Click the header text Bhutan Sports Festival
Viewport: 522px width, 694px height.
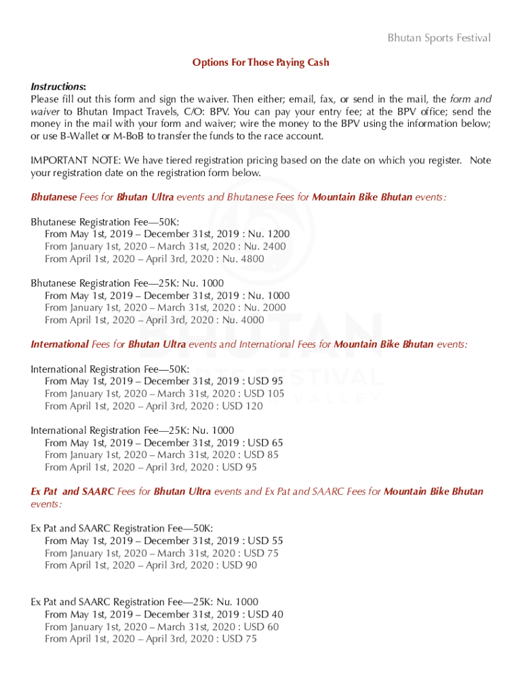pyautogui.click(x=439, y=38)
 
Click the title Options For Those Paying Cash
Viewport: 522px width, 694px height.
pyautogui.click(x=260, y=62)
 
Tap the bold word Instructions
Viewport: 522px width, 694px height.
pyautogui.click(x=58, y=87)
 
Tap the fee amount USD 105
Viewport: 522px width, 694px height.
pyautogui.click(x=264, y=394)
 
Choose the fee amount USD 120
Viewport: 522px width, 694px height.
pyautogui.click(x=243, y=406)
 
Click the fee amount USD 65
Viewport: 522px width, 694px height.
pyautogui.click(x=266, y=443)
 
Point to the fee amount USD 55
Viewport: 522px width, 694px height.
pyautogui.click(x=266, y=541)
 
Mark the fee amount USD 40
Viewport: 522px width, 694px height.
pyautogui.click(x=266, y=615)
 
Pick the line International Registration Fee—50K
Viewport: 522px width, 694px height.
pyautogui.click(x=111, y=369)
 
